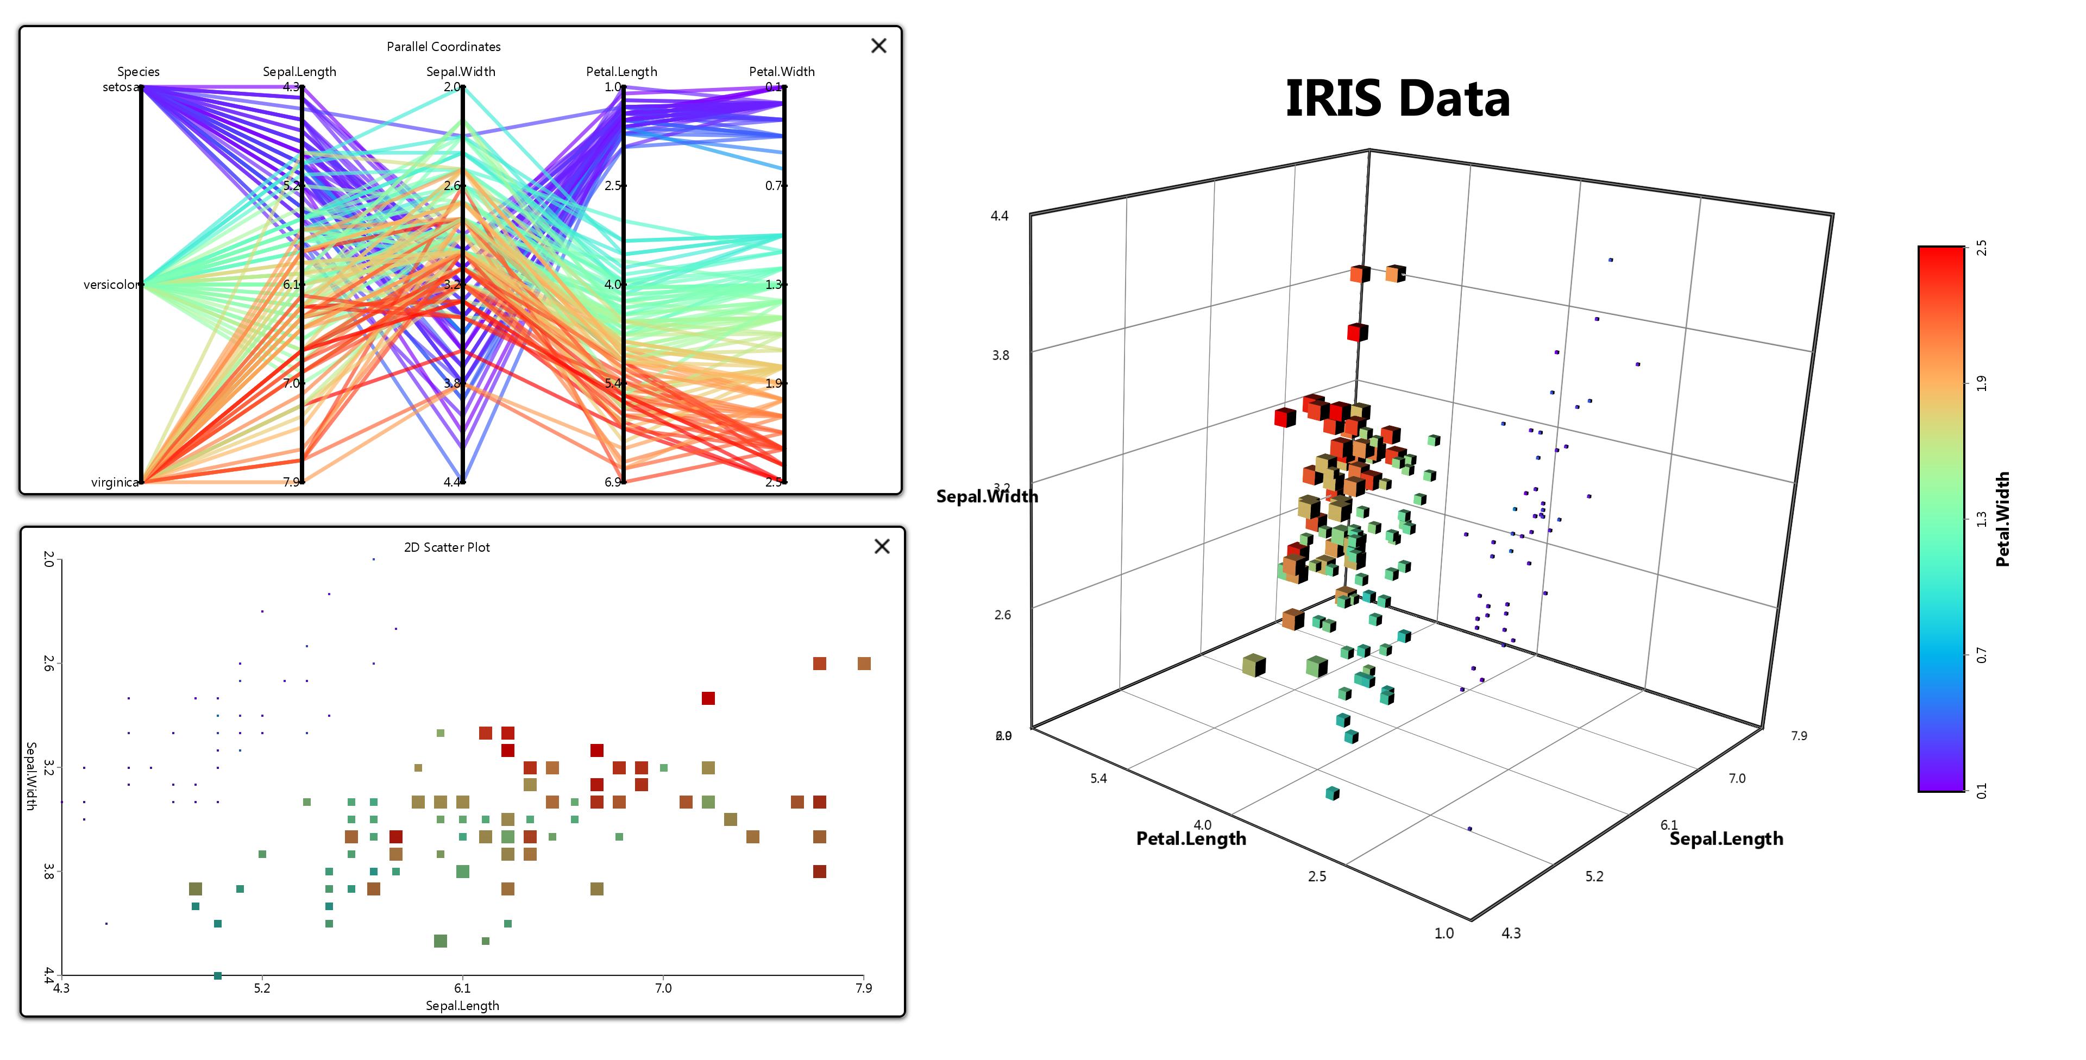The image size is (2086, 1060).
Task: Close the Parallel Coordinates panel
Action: tap(878, 46)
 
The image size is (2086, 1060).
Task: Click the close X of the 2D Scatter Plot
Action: tap(882, 547)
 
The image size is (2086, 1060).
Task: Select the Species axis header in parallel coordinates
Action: tap(139, 71)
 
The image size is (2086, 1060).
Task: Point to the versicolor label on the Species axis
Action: tap(111, 284)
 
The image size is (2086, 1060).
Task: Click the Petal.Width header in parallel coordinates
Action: tap(782, 71)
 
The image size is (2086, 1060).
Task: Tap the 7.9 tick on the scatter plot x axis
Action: tap(863, 988)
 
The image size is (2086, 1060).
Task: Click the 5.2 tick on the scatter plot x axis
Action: tap(261, 988)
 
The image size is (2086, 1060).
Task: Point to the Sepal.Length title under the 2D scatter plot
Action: tap(462, 1006)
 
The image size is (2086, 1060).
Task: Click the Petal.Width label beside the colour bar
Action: tap(2002, 519)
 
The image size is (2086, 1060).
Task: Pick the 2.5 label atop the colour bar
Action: tap(1981, 248)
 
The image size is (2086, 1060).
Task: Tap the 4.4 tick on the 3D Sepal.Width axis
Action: tap(1000, 216)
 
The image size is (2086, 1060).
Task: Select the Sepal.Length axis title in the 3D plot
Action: tap(1726, 838)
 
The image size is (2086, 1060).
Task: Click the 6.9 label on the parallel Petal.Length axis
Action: tap(612, 482)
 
